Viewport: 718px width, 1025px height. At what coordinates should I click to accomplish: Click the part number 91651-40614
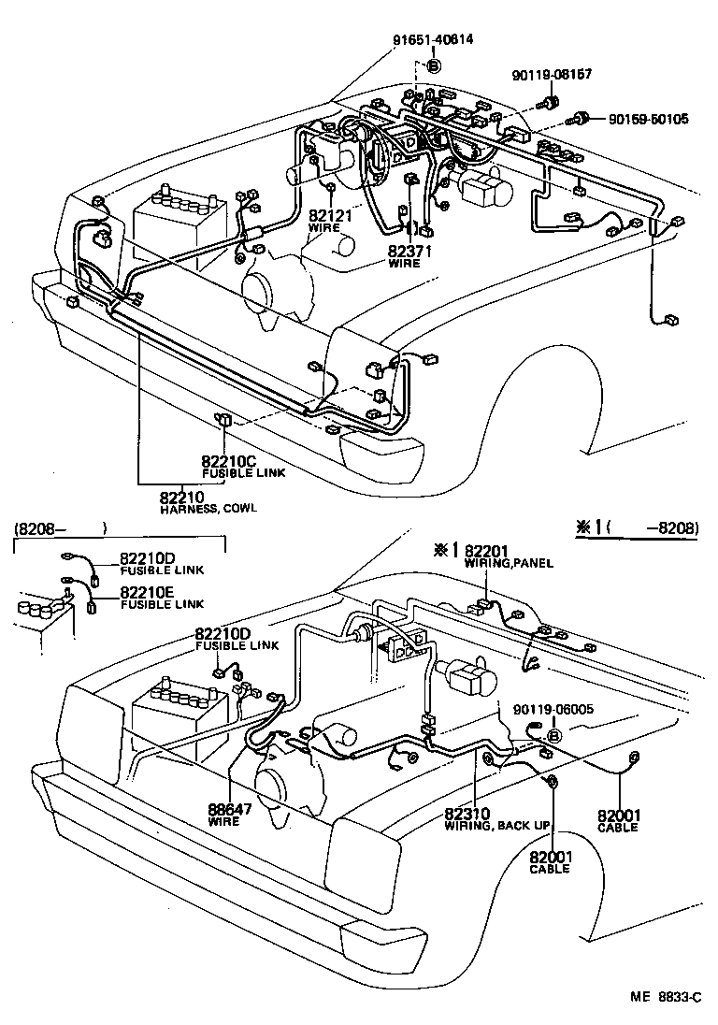pyautogui.click(x=433, y=39)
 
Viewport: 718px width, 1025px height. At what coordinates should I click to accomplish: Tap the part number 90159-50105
pyautogui.click(x=648, y=119)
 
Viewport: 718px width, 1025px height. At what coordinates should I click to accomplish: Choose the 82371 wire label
pyautogui.click(x=409, y=251)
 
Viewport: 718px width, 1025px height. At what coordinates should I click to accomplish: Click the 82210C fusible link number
pyautogui.click(x=228, y=460)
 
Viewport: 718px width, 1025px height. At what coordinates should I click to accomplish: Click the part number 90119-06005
pyautogui.click(x=553, y=710)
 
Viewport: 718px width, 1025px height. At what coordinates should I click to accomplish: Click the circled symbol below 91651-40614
pyautogui.click(x=433, y=65)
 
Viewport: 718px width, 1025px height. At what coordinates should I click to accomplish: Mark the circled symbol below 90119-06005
pyautogui.click(x=553, y=736)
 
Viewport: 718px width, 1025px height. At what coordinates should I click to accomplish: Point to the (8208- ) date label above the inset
pyautogui.click(x=60, y=528)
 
